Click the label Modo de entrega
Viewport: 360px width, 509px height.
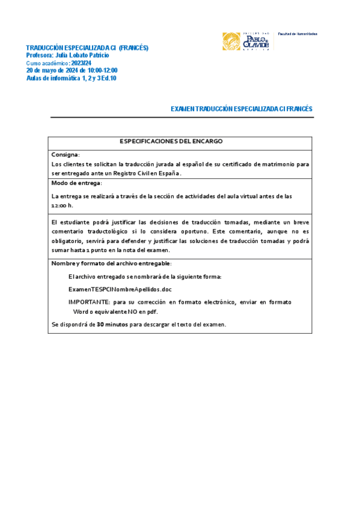[76, 182]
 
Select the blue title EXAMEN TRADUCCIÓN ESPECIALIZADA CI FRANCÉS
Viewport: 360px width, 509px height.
[242, 109]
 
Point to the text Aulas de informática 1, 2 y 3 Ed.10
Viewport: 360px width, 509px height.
[72, 78]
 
